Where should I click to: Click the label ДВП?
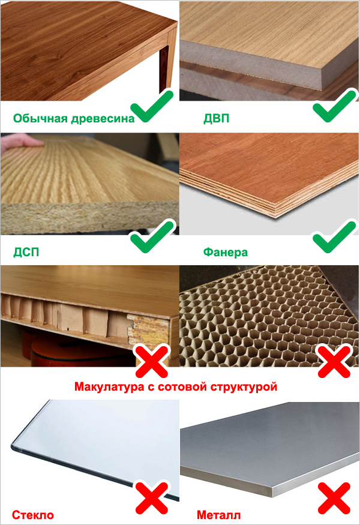click(x=217, y=119)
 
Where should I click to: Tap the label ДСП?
click(x=26, y=252)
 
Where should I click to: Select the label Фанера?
click(x=226, y=252)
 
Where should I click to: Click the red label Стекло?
click(x=33, y=515)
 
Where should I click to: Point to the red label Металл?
click(x=218, y=515)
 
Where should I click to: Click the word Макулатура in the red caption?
click(x=109, y=387)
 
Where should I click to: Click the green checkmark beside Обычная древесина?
click(x=152, y=106)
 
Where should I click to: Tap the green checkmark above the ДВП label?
click(x=334, y=106)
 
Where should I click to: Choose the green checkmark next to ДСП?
click(x=152, y=236)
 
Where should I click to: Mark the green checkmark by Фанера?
click(x=334, y=236)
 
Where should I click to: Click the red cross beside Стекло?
click(x=152, y=498)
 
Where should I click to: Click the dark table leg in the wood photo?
click(x=163, y=68)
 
